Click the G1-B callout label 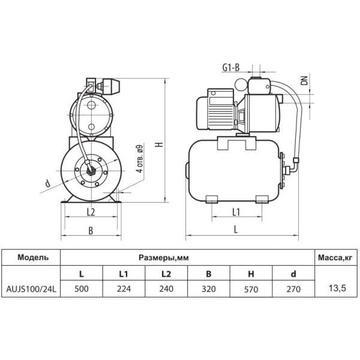[231, 67]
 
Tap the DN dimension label [304, 80]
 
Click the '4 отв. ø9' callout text [140, 159]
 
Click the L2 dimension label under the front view [91, 212]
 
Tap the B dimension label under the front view [91, 231]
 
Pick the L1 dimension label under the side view [236, 212]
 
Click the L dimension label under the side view [236, 229]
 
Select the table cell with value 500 [82, 289]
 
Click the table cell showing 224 [124, 289]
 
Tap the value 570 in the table [251, 289]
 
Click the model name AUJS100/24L [31, 289]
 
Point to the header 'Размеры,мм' [164, 257]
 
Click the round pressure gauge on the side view [241, 85]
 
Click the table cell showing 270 [293, 289]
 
